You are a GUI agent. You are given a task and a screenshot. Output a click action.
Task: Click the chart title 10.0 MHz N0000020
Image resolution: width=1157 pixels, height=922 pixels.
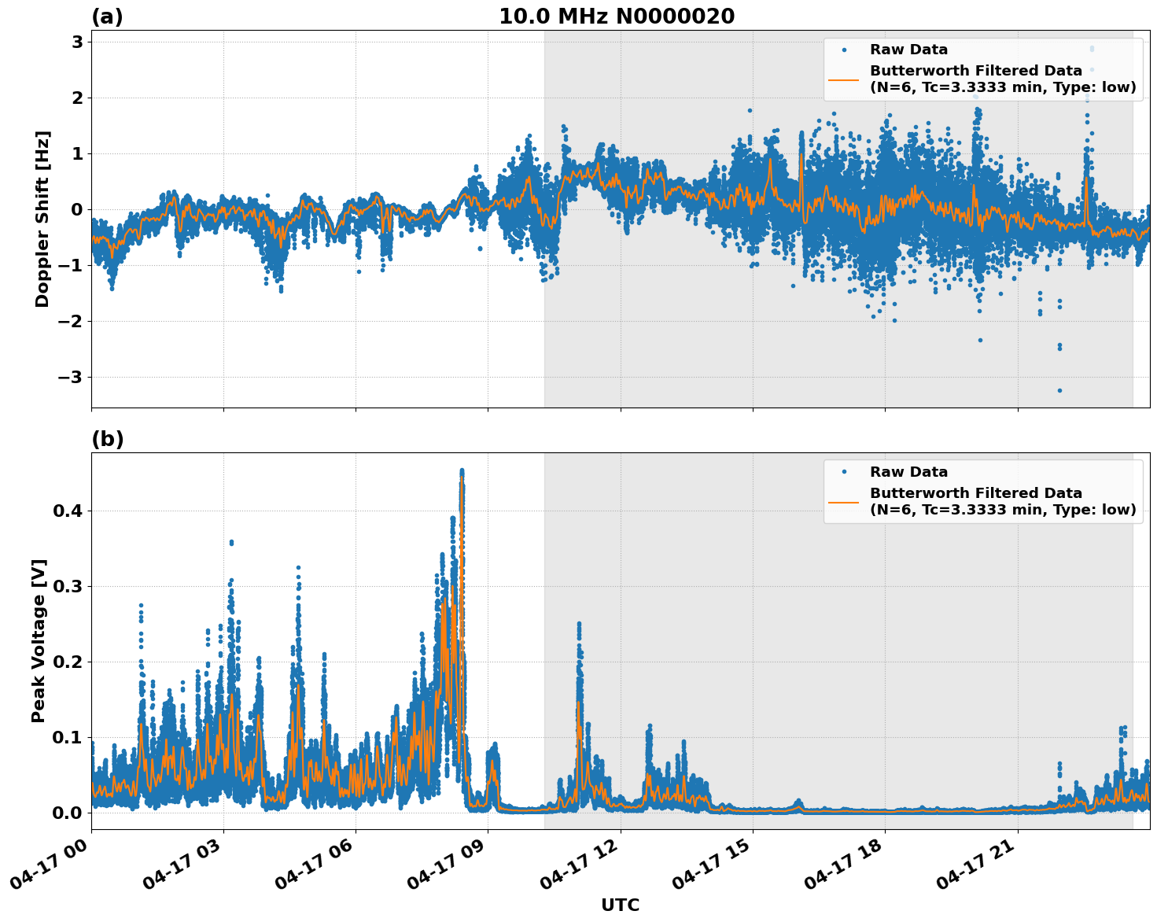point(616,17)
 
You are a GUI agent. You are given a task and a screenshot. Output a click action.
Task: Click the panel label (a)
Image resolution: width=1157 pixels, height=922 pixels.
point(107,17)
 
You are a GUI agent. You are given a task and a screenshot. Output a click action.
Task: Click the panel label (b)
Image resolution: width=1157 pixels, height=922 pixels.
point(107,439)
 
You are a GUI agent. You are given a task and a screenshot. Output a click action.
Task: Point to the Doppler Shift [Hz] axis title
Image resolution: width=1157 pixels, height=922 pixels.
point(42,219)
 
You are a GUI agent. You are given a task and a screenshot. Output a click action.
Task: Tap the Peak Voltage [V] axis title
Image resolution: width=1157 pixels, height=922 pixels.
point(39,640)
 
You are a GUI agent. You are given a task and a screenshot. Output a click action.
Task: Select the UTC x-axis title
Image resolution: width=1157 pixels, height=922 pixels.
point(620,905)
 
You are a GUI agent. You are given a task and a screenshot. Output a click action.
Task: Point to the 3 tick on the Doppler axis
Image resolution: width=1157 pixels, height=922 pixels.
point(77,42)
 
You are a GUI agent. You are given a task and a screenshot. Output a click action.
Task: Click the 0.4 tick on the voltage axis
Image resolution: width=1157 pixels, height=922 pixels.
point(67,511)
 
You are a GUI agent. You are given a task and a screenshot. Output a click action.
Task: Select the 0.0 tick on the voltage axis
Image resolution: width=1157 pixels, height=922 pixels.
point(67,813)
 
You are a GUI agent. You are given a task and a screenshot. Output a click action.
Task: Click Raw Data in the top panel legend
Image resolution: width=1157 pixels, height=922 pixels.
point(908,50)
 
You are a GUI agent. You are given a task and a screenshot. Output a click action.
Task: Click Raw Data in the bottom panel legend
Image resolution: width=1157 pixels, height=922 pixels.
point(908,472)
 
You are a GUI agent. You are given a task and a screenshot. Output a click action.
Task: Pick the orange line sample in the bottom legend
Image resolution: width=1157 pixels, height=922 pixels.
point(844,502)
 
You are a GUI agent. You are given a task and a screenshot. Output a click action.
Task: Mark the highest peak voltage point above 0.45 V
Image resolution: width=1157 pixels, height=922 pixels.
point(462,470)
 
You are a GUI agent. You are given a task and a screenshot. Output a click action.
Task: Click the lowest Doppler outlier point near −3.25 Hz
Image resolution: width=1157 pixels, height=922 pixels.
point(1059,390)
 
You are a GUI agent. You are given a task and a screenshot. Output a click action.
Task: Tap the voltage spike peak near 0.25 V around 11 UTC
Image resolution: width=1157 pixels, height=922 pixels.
point(579,624)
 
